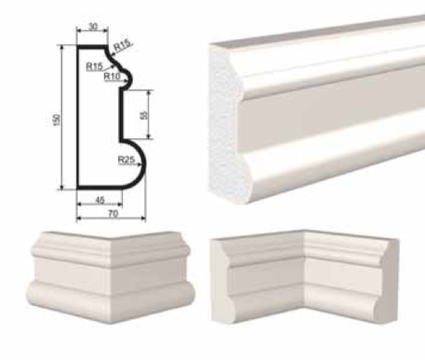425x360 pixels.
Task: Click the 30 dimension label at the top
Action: click(x=93, y=27)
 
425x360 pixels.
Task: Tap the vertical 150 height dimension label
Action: click(x=57, y=120)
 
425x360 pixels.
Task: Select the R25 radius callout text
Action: click(x=126, y=160)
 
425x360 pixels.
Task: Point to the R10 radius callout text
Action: click(x=112, y=76)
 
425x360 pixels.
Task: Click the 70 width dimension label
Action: click(x=112, y=214)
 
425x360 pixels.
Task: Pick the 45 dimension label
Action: click(x=100, y=200)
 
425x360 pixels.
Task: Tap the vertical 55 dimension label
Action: click(x=144, y=115)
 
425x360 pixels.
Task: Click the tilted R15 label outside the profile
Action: click(x=122, y=45)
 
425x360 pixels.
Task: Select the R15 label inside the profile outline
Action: click(x=94, y=66)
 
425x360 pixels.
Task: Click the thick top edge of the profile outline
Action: click(x=92, y=47)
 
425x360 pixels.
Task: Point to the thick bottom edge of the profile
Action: click(x=100, y=187)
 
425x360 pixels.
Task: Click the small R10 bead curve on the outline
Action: click(x=129, y=78)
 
